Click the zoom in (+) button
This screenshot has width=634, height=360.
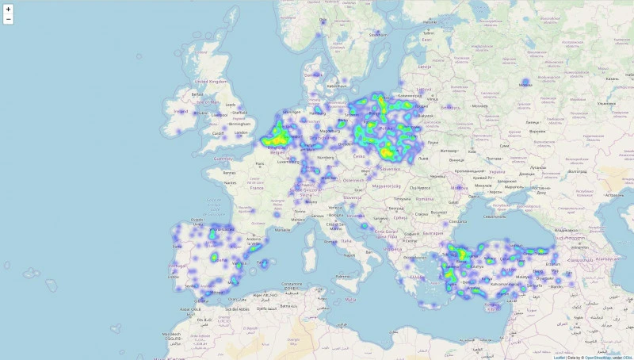point(8,8)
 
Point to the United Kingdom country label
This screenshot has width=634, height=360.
point(212,81)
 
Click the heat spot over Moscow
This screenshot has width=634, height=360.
point(525,82)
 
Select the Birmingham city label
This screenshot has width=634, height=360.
point(237,124)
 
